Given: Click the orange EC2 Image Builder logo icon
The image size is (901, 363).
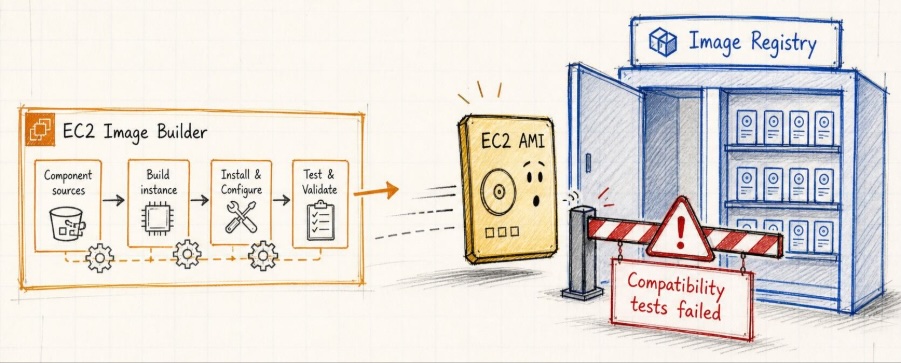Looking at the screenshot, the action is coord(40,129).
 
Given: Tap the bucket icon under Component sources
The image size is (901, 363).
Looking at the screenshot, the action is coord(67,224).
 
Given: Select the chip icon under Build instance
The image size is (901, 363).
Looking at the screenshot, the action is coord(157,219).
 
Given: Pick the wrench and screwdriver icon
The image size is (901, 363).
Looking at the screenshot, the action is coord(241,217).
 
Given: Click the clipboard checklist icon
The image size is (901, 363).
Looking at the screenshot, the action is coord(320,221).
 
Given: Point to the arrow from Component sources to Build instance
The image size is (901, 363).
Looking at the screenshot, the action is coord(113,200).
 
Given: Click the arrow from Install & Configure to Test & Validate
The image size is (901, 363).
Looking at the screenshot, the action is coord(281,200).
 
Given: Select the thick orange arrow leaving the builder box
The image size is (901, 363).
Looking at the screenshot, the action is coord(376,191).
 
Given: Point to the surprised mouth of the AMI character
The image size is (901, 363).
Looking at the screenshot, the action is coord(536,200).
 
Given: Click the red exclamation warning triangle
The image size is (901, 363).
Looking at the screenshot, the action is coord(680,230).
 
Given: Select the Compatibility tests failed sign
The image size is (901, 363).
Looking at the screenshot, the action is coord(681,298).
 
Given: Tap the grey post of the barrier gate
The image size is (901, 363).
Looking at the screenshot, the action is coord(583,253).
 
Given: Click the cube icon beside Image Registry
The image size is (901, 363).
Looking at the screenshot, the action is coord(663,42).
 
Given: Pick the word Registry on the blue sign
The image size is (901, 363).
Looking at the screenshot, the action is coord(783,43).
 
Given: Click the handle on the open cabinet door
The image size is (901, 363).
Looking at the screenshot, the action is coord(588,163).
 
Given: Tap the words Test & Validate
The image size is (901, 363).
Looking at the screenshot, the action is coord(320,182).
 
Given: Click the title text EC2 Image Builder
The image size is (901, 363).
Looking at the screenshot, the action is coord(135,132).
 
